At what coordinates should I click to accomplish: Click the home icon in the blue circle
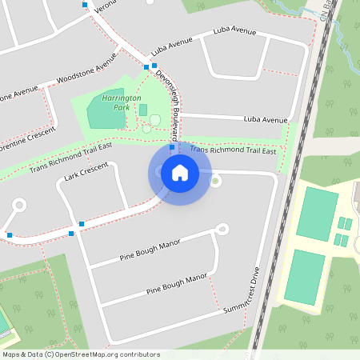[179, 172]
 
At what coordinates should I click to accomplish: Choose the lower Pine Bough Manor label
[176, 286]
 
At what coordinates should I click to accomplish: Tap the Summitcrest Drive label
[242, 290]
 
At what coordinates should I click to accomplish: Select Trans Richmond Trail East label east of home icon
[233, 150]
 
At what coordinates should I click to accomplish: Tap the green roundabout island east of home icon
[214, 180]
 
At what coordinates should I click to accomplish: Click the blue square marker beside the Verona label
[85, 5]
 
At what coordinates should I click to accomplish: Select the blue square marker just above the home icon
[172, 147]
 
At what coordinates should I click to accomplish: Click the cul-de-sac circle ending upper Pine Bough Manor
[222, 230]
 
